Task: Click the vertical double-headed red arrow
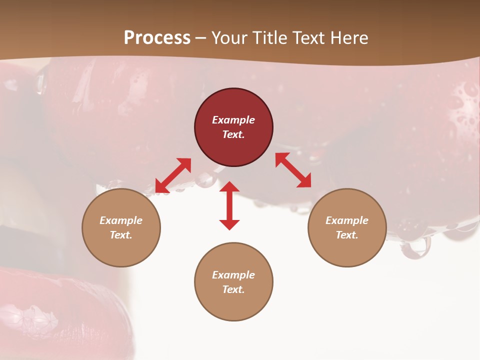click(x=229, y=205)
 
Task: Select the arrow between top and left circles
click(x=173, y=175)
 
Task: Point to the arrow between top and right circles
click(x=293, y=170)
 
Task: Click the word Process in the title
click(x=157, y=37)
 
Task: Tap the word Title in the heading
click(x=269, y=37)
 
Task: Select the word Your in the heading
click(x=227, y=37)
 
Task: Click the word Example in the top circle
click(x=233, y=120)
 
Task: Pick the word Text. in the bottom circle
click(x=233, y=289)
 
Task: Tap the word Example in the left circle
click(x=121, y=220)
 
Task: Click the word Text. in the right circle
click(x=347, y=235)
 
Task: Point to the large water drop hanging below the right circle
click(x=415, y=246)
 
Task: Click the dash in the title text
click(x=201, y=38)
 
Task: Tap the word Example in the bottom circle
click(x=233, y=275)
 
